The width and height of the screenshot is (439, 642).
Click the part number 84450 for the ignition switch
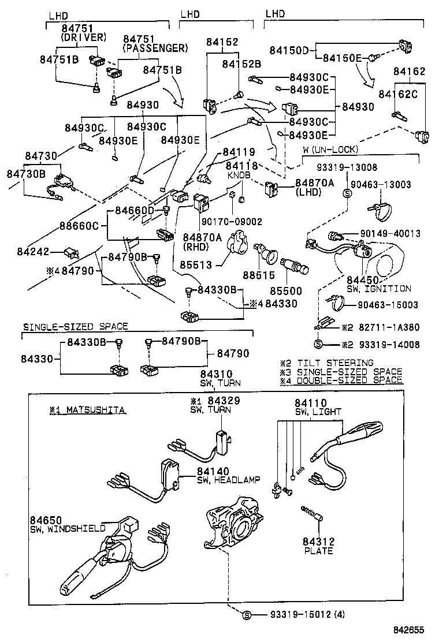362,280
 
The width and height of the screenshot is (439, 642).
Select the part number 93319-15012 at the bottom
300,614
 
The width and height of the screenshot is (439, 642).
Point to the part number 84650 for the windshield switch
46,520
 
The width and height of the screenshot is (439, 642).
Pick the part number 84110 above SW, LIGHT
310,403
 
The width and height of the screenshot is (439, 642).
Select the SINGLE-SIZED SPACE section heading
75,327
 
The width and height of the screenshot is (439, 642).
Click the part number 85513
196,265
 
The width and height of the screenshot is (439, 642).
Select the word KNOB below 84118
239,174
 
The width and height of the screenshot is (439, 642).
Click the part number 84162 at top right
409,72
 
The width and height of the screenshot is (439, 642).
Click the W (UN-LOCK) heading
330,150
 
